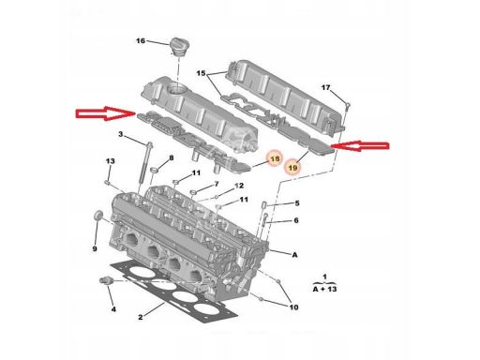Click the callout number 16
point(141,41)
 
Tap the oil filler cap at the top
point(179,48)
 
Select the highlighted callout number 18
point(275,159)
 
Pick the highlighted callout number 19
point(292,168)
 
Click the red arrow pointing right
point(106,113)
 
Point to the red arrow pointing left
point(360,145)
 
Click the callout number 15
point(201,73)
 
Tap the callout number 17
point(325,88)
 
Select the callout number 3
point(121,135)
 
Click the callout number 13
point(110,161)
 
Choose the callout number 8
point(172,158)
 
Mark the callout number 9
point(95,249)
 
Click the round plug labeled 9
point(98,216)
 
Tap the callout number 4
point(113,309)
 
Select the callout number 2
point(141,317)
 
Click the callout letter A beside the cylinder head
point(294,255)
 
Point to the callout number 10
point(293,307)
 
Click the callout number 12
point(239,186)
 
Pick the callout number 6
point(296,220)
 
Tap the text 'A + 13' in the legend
point(324,289)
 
